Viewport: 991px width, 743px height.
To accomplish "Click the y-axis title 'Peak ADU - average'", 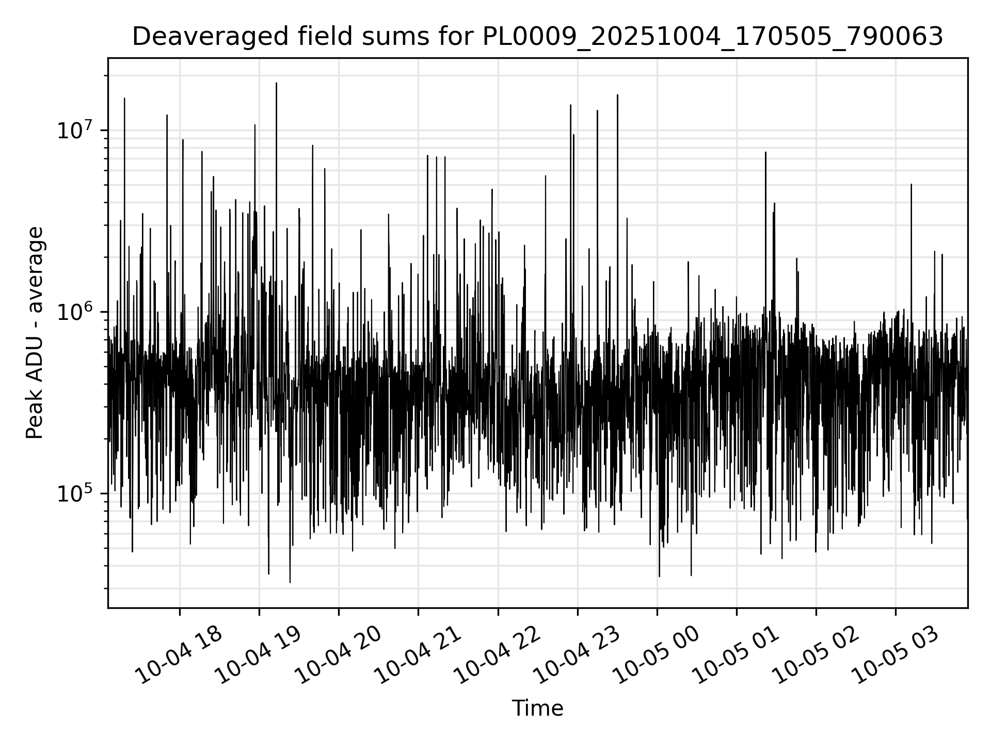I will pos(35,333).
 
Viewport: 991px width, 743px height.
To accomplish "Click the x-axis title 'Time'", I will pos(537,708).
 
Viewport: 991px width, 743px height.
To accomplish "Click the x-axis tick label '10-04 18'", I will pos(179,655).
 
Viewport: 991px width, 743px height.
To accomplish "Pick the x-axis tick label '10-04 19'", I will pos(258,655).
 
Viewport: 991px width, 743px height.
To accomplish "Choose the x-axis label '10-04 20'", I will pos(338,655).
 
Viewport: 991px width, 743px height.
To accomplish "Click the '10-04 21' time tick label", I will pos(417,655).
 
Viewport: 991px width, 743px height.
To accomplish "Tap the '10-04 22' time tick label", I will pos(497,655).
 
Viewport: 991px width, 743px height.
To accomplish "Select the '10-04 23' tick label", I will pos(577,655).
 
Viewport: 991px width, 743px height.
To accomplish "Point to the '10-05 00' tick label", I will pos(656,655).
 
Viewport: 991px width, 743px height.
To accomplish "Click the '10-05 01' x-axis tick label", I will pos(736,655).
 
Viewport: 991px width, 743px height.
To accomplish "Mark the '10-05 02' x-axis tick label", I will pos(815,655).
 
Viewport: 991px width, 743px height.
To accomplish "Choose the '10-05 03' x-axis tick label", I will pos(894,655).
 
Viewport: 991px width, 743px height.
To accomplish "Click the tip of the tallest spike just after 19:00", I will pos(276,83).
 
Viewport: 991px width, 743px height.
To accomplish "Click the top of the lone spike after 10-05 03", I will pos(911,184).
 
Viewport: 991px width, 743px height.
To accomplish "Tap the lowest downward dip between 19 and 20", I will pos(290,583).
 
